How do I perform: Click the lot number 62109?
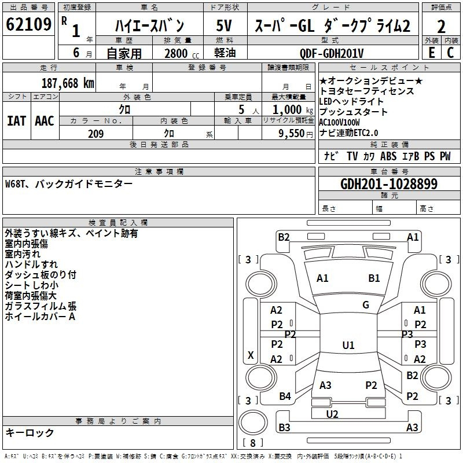[x=28, y=24]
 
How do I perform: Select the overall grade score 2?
[x=441, y=27]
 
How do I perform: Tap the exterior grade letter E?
[x=432, y=53]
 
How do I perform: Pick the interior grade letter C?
[x=450, y=53]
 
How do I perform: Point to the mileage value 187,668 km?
[x=68, y=83]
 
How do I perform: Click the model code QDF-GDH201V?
[x=332, y=53]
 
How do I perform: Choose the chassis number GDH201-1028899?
[x=389, y=184]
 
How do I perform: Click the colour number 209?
[x=95, y=134]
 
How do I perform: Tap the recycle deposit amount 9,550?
[x=292, y=133]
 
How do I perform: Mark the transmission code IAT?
[x=16, y=121]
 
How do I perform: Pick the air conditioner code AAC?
[x=45, y=121]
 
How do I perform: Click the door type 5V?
[x=224, y=25]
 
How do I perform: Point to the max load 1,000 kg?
[x=292, y=109]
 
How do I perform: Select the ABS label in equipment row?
[x=388, y=156]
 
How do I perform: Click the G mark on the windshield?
[x=366, y=305]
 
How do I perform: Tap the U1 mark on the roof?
[x=348, y=345]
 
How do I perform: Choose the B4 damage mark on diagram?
[x=285, y=396]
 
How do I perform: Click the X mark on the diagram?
[x=251, y=355]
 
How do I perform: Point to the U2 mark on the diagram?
[x=332, y=414]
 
